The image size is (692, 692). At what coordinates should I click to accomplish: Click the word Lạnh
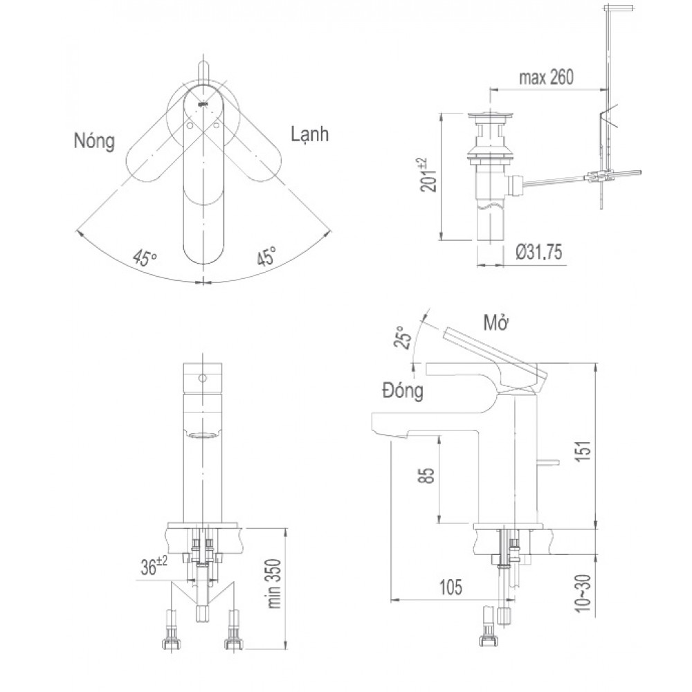310,134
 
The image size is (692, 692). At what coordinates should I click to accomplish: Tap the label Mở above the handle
496,323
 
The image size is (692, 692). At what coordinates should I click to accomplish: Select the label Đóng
403,390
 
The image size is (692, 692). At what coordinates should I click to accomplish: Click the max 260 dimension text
547,78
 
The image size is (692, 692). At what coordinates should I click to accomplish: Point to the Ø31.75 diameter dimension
539,253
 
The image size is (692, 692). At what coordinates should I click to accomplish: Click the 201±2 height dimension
428,174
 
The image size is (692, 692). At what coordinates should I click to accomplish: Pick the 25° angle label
403,338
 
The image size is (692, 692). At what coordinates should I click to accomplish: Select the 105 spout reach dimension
450,587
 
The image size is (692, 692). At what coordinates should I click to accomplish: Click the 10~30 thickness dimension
583,593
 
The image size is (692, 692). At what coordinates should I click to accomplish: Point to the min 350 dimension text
274,583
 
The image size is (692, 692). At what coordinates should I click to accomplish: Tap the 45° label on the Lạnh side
266,256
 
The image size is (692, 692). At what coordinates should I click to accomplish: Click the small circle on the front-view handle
203,379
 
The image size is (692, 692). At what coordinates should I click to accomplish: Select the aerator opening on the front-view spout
203,435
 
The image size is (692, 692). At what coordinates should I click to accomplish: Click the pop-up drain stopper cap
491,116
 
